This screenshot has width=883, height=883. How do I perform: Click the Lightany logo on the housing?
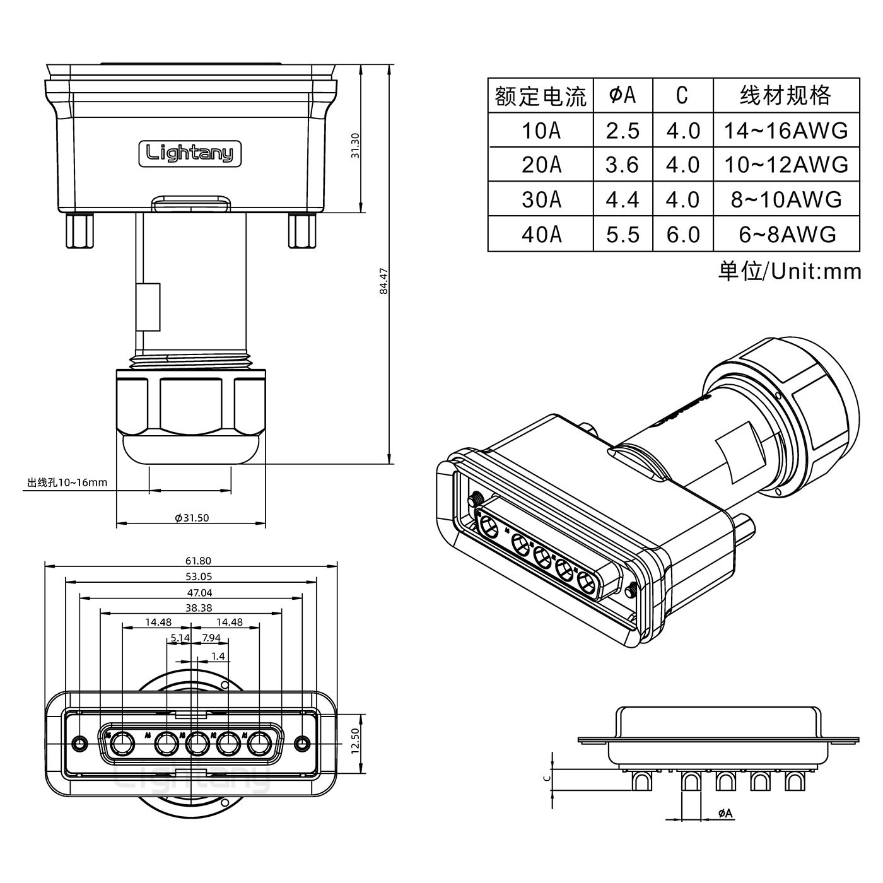[x=190, y=153]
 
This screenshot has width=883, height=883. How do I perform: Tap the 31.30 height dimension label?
[x=354, y=146]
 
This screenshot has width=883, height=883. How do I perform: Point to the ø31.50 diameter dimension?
[x=192, y=518]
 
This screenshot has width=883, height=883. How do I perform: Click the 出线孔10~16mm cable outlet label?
[x=67, y=483]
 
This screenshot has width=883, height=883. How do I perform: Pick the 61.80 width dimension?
[x=198, y=560]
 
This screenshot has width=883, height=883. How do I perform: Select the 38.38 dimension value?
[x=199, y=608]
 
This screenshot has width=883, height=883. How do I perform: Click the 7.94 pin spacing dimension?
[x=211, y=638]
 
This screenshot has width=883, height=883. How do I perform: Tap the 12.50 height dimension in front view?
[x=354, y=741]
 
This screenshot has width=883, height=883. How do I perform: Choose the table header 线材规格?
[x=786, y=95]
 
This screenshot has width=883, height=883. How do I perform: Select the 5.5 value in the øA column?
[x=623, y=235]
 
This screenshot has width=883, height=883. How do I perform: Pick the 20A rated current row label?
[x=541, y=165]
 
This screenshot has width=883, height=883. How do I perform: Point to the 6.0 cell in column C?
[x=683, y=235]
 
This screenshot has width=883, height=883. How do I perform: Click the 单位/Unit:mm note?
[x=790, y=271]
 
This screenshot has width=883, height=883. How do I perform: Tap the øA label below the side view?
[x=725, y=814]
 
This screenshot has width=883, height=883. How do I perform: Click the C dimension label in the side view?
[x=547, y=778]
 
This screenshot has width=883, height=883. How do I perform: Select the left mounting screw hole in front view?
[x=79, y=742]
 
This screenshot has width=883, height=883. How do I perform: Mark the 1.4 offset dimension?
[x=218, y=656]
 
